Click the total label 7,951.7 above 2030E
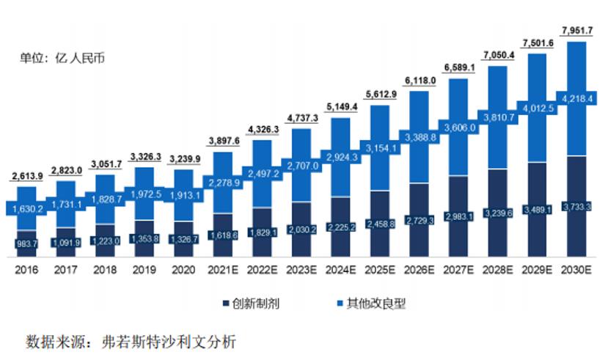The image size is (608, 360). tap(577, 30)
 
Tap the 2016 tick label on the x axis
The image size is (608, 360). tap(26, 270)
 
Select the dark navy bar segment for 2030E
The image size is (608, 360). tap(576, 207)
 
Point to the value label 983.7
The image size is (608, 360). tap(26, 243)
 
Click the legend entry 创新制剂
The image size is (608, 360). tap(252, 304)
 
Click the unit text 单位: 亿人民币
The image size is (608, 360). tap(62, 58)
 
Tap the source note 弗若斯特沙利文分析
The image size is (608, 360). tap(169, 342)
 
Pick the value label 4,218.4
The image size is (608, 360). tap(577, 99)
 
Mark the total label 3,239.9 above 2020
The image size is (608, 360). tap(185, 159)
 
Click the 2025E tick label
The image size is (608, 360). tap(380, 270)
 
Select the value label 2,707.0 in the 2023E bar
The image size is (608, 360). tap(302, 166)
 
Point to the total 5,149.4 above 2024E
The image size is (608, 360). tap(342, 106)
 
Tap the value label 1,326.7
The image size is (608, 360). tap(184, 240)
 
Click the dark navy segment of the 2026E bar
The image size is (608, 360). tap(420, 220)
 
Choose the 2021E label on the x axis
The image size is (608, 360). tap(223, 270)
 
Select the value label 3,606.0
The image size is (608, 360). tap(460, 128)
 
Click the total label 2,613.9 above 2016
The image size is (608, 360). tap(27, 176)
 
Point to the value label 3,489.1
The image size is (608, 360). tap(538, 210)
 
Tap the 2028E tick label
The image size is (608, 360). tap(498, 270)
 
